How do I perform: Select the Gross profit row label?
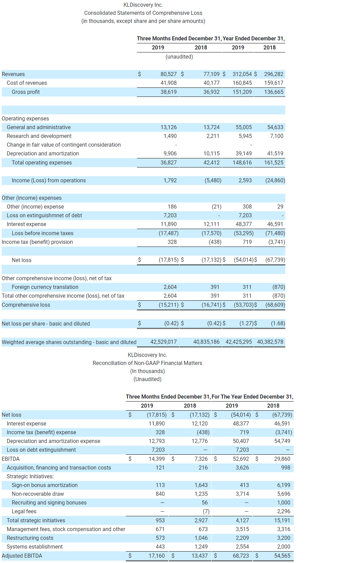click(26, 92)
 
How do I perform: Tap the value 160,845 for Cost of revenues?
click(242, 83)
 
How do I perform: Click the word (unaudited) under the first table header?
click(179, 57)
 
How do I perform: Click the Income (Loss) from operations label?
click(48, 180)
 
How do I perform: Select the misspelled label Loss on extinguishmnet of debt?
click(44, 215)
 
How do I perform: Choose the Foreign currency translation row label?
click(45, 287)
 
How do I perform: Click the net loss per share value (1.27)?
click(246, 323)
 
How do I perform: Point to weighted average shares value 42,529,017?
click(163, 342)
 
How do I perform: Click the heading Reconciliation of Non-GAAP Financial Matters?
click(147, 363)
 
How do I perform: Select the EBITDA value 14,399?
click(156, 459)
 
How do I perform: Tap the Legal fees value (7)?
click(206, 511)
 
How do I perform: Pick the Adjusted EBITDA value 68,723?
click(241, 556)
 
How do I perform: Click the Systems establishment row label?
click(34, 547)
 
